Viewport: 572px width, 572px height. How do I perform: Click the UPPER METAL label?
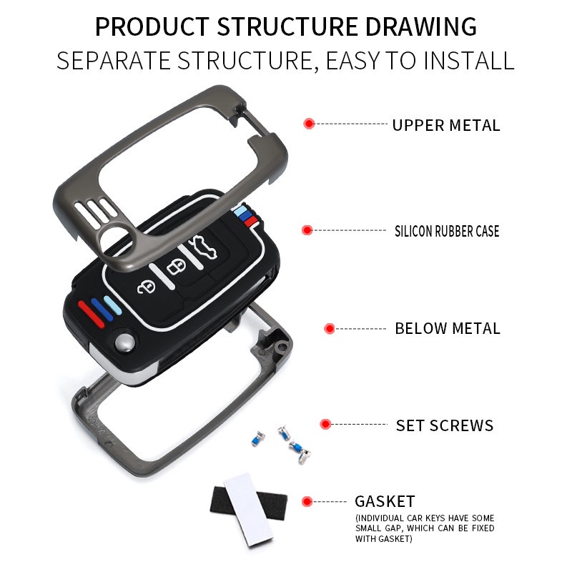(445, 126)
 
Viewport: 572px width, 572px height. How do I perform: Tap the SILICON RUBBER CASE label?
(447, 231)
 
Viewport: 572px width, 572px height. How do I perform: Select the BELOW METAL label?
(448, 329)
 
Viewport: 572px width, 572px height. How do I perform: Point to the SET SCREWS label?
(445, 426)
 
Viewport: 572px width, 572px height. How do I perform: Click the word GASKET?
(385, 501)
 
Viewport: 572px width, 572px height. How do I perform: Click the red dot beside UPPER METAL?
(309, 124)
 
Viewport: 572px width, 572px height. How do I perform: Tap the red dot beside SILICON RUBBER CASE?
(307, 230)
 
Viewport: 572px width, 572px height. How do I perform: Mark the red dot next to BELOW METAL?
(330, 328)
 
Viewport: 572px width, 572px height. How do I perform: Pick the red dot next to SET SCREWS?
(326, 424)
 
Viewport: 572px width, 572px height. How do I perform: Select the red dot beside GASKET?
(307, 501)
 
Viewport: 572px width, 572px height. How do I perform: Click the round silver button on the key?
(125, 342)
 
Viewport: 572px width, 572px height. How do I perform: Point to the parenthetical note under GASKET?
(424, 528)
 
